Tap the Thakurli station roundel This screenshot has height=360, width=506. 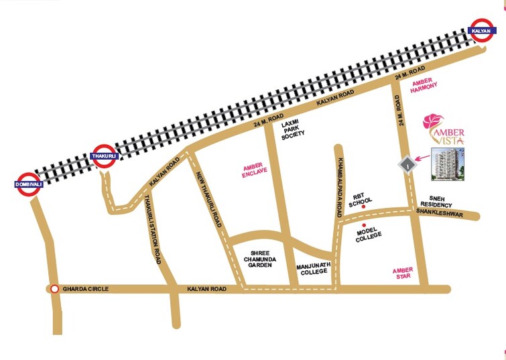pyautogui.click(x=104, y=156)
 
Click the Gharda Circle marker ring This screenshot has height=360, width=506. pyautogui.click(x=54, y=289)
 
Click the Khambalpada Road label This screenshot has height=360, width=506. pyautogui.click(x=341, y=178)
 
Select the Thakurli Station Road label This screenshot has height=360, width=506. pyautogui.click(x=153, y=228)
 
